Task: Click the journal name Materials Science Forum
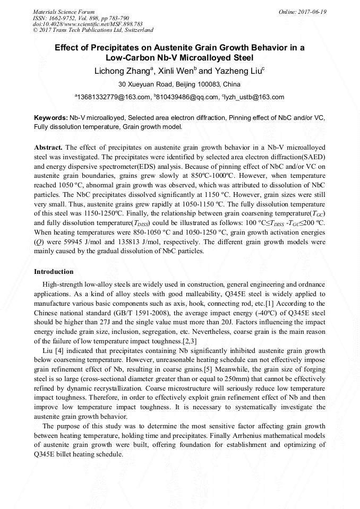[x=64, y=12]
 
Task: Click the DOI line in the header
[x=87, y=24]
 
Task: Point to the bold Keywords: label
[x=50, y=117]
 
